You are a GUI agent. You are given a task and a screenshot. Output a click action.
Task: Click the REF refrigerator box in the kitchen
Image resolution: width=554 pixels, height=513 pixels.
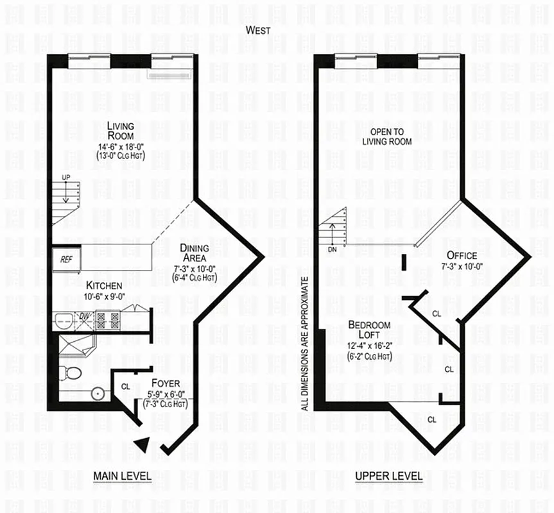coord(66,260)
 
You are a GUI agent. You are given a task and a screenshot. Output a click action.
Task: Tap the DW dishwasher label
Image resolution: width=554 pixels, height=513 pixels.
coord(83,316)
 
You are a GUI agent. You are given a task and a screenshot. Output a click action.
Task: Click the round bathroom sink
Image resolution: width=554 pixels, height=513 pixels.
coord(98,392)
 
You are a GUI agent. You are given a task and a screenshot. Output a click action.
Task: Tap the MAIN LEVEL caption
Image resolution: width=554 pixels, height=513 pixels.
coord(122,476)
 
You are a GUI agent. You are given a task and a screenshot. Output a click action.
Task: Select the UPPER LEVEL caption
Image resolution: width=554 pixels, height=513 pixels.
coord(389,476)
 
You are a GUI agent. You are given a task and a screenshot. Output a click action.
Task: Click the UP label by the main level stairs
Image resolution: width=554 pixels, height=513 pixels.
coord(65,178)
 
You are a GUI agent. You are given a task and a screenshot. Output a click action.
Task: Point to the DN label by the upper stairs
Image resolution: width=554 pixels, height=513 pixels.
coord(332,249)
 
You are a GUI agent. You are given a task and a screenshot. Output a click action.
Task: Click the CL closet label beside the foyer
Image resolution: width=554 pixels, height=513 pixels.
coord(125,386)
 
